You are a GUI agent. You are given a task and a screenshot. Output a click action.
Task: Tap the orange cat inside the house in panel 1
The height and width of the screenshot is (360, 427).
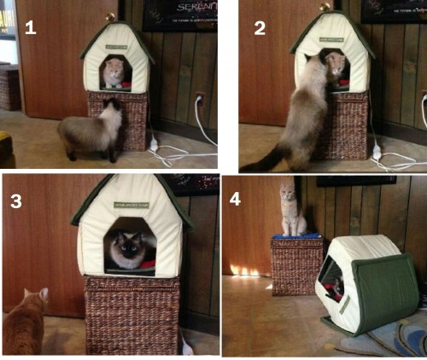tap(113, 73)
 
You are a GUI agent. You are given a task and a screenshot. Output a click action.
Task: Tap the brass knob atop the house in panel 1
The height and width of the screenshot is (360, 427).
tap(109, 16)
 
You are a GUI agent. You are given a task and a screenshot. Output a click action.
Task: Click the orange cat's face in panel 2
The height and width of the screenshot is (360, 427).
tap(335, 64)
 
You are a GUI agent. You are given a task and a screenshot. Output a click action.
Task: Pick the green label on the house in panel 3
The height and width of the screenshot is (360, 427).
tap(131, 205)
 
